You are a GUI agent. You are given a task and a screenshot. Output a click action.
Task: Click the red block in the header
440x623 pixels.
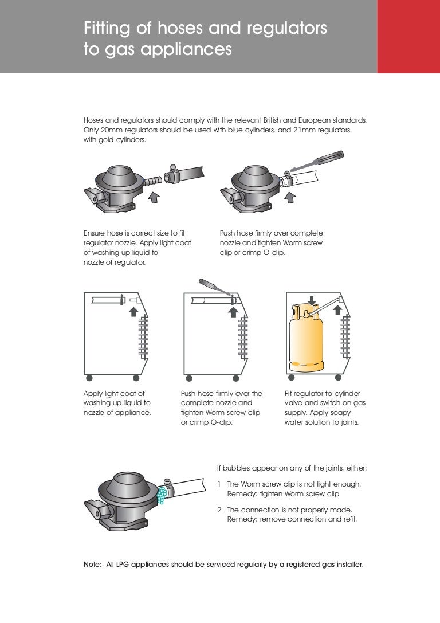408,36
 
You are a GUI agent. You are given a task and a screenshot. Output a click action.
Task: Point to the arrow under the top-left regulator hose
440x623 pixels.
154,198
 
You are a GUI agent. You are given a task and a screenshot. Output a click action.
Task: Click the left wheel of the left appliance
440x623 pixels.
88,378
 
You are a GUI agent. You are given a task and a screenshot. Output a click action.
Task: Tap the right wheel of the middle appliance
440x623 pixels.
235,378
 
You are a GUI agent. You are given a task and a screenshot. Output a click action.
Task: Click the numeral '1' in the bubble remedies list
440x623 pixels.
219,484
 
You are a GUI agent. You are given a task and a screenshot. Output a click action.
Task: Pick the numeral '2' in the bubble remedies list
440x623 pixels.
219,510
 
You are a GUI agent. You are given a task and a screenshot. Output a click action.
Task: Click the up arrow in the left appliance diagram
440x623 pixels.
133,311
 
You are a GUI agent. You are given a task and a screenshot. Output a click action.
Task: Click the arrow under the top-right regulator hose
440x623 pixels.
290,198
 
